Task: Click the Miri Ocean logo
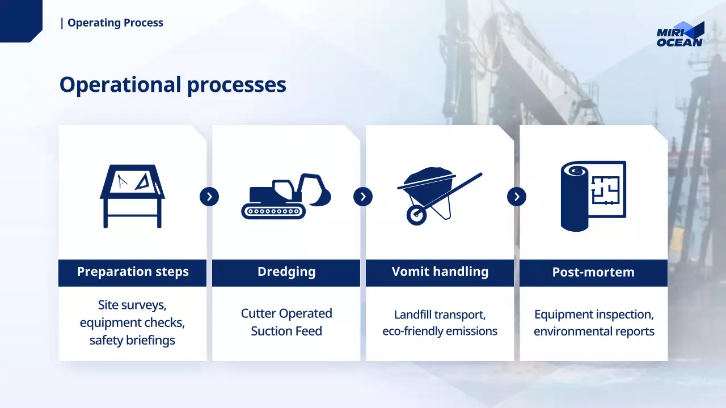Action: click(680, 35)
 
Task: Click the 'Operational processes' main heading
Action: click(173, 85)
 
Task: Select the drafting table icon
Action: click(132, 196)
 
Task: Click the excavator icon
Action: click(286, 196)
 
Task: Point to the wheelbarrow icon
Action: click(440, 196)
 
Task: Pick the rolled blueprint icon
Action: click(593, 196)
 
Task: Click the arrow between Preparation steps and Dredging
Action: click(209, 197)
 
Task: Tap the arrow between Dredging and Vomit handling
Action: click(363, 197)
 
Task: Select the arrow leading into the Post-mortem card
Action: click(517, 197)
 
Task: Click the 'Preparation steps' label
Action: click(133, 272)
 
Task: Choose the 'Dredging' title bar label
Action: click(286, 272)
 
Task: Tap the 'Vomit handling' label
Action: click(440, 271)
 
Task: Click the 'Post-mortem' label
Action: click(593, 272)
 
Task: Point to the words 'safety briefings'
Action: click(132, 341)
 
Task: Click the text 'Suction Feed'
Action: click(286, 331)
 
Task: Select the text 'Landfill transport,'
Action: click(440, 314)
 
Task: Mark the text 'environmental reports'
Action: click(594, 331)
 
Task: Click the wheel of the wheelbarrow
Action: click(416, 215)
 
